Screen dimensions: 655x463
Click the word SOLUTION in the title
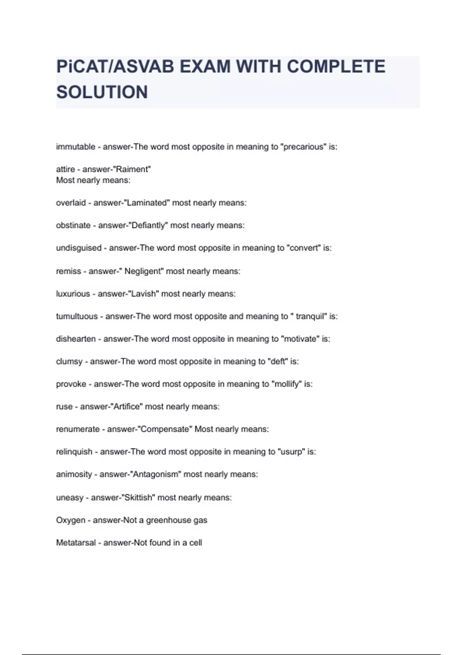102,92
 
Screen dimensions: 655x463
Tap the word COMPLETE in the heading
336,66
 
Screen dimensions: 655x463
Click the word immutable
76,147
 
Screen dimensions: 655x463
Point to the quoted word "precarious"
303,147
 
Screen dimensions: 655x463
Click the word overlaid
71,203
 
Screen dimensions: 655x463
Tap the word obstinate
73,225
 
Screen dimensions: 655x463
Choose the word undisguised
79,248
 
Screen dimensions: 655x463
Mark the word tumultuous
77,316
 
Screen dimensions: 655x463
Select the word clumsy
69,361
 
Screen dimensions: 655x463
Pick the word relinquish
74,452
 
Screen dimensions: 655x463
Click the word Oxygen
71,520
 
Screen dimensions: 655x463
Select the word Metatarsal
76,542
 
